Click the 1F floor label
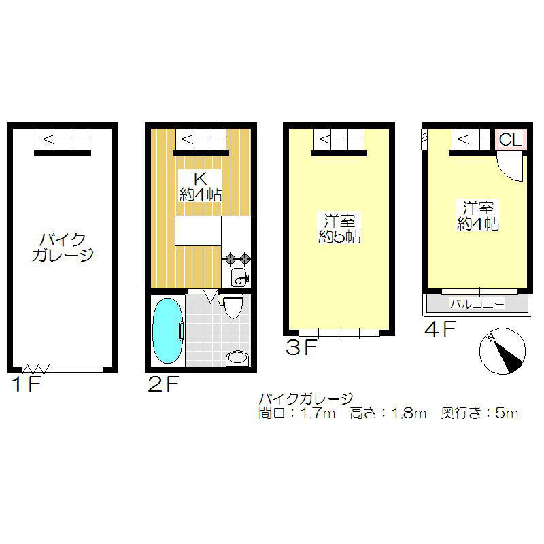coord(27,385)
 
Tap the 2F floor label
coord(163,385)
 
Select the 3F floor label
coord(301,348)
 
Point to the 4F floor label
coord(439,330)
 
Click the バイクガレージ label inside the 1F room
coord(63,248)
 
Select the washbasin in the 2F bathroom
coord(237,357)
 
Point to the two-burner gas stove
coord(237,258)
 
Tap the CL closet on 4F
coord(510,140)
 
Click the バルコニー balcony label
coord(477,304)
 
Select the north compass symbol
coord(503,352)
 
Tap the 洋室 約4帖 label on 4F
coord(478,215)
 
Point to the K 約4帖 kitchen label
coord(200,186)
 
